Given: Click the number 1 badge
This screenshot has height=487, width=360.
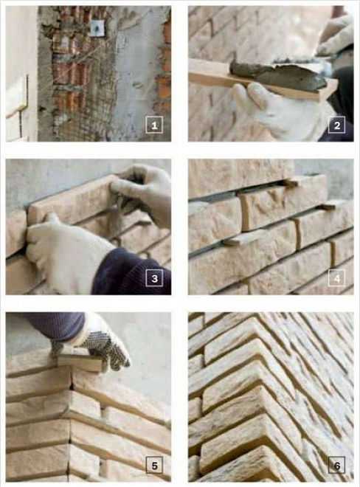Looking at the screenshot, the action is (154, 125).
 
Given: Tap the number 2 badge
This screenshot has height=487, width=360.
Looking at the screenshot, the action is (337, 125).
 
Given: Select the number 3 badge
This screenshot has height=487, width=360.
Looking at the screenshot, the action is (154, 278).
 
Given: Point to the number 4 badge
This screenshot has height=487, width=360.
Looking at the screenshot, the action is (337, 278).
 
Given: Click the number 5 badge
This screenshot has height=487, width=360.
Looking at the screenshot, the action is (154, 465).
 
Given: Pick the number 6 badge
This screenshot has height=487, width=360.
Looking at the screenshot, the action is (337, 465).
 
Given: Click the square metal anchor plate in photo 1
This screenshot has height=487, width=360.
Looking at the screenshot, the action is (97, 28).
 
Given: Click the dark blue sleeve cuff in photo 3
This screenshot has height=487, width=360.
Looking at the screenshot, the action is (131, 272).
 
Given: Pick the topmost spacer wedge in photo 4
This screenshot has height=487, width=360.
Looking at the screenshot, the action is (291, 183).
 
